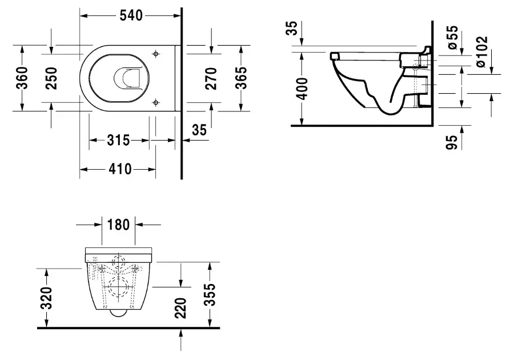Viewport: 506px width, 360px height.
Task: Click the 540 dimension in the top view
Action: (x=131, y=15)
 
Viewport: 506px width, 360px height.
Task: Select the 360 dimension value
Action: (x=22, y=78)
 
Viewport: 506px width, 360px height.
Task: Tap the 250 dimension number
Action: (x=51, y=78)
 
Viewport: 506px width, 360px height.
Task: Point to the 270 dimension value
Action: (x=211, y=78)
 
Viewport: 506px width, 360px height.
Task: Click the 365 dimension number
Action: (x=241, y=78)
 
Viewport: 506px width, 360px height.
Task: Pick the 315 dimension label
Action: (x=118, y=140)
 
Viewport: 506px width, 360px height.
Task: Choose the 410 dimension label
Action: (x=120, y=169)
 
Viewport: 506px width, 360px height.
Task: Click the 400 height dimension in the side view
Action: (x=302, y=89)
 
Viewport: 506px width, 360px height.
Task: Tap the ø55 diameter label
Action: (x=453, y=38)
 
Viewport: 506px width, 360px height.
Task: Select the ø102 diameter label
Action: (x=481, y=51)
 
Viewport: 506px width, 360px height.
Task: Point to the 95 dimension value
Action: (x=452, y=142)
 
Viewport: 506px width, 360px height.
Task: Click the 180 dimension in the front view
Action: (x=118, y=225)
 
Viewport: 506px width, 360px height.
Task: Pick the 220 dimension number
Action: (x=180, y=309)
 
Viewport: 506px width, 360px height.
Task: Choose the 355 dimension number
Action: (x=210, y=294)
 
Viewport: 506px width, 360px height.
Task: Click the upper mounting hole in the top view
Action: (x=156, y=54)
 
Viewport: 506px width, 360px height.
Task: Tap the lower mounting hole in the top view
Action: (x=156, y=103)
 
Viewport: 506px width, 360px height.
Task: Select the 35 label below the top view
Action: (x=199, y=130)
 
